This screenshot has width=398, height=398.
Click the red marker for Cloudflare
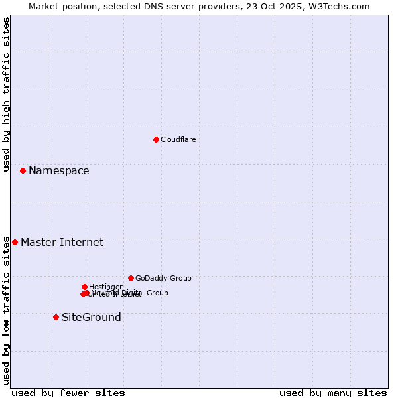tap(156, 139)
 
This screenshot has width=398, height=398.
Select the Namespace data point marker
tap(23, 170)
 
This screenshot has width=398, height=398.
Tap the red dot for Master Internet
tap(15, 242)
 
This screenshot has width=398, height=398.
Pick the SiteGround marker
tap(56, 317)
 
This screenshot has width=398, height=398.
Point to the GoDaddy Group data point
tap(131, 278)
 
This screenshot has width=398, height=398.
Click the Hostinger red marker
tap(84, 287)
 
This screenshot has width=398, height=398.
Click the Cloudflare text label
tap(178, 139)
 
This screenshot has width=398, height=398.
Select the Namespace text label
tap(58, 170)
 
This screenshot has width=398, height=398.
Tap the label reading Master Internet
tap(62, 242)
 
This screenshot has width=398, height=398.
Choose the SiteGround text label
tap(91, 317)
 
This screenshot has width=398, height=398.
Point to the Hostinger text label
tap(105, 287)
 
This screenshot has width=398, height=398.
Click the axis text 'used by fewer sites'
tap(68, 393)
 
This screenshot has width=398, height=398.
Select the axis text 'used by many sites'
tap(333, 393)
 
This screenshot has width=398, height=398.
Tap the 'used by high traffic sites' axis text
tap(6, 95)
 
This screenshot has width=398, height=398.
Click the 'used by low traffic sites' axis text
tap(6, 310)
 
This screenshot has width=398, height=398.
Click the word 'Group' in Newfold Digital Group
tap(157, 293)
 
